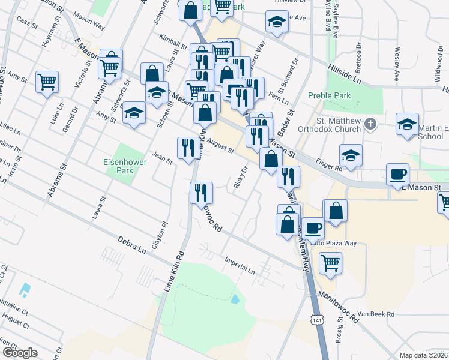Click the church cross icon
coord(370,124)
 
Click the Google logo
coord(20,353)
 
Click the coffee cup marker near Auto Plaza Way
coord(313,229)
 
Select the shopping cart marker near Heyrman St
coord(47,82)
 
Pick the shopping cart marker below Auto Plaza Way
coord(330,262)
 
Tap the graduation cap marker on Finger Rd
coord(351,156)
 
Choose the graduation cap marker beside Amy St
coord(134,113)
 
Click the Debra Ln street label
coord(132,244)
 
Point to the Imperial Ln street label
coord(240,267)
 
